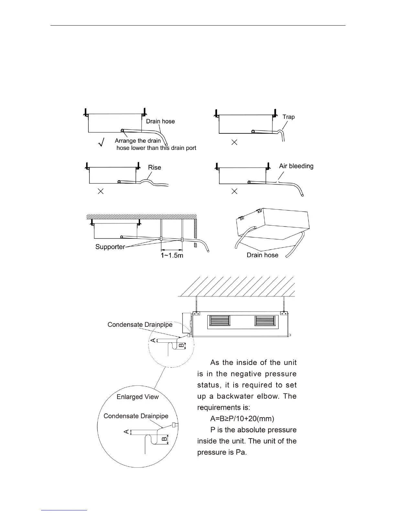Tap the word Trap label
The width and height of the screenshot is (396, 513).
(x=289, y=117)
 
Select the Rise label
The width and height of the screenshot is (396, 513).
(x=154, y=167)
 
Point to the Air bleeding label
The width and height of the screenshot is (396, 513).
(x=296, y=166)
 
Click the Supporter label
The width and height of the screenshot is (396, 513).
(x=110, y=247)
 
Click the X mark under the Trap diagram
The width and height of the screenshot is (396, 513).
(x=235, y=142)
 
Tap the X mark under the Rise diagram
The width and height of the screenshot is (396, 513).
(x=101, y=191)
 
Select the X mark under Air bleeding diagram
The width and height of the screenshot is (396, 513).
(x=235, y=191)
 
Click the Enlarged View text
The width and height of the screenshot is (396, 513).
(x=138, y=397)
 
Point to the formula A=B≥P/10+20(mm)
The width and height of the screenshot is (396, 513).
(x=242, y=419)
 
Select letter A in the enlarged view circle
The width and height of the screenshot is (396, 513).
(x=126, y=432)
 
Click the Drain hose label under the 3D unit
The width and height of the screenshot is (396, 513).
(x=262, y=255)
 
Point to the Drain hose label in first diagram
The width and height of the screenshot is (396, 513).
(x=160, y=121)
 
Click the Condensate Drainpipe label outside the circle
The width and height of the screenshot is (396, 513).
(x=140, y=325)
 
